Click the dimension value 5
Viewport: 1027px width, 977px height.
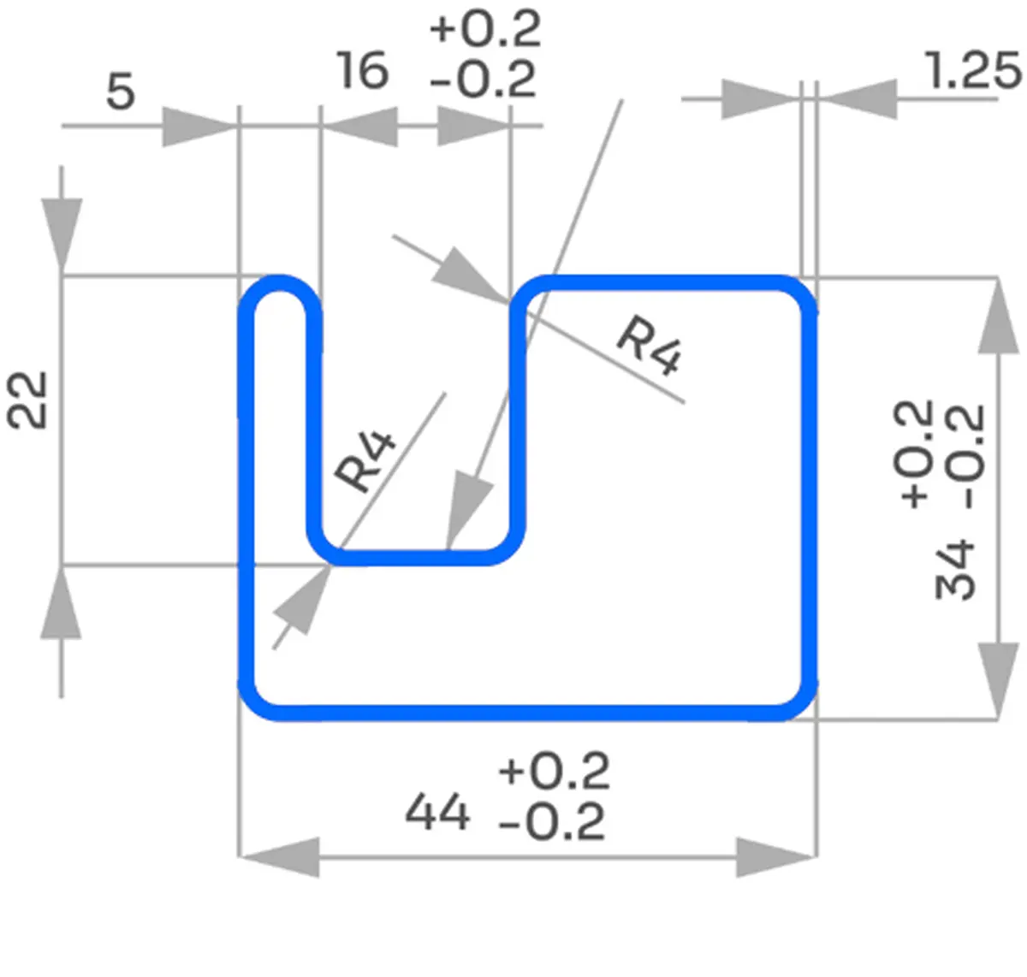pyautogui.click(x=121, y=91)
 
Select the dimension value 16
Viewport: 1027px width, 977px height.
pyautogui.click(x=362, y=70)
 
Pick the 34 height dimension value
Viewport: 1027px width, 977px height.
pyautogui.click(x=955, y=569)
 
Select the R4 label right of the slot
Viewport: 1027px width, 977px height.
pyautogui.click(x=651, y=345)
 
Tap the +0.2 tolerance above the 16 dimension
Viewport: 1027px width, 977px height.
pyautogui.click(x=485, y=29)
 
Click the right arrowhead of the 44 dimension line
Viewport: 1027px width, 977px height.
pyautogui.click(x=775, y=856)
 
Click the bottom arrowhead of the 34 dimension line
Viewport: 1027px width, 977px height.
pyautogui.click(x=998, y=679)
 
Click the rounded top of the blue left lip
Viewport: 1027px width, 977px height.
pyautogui.click(x=280, y=285)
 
